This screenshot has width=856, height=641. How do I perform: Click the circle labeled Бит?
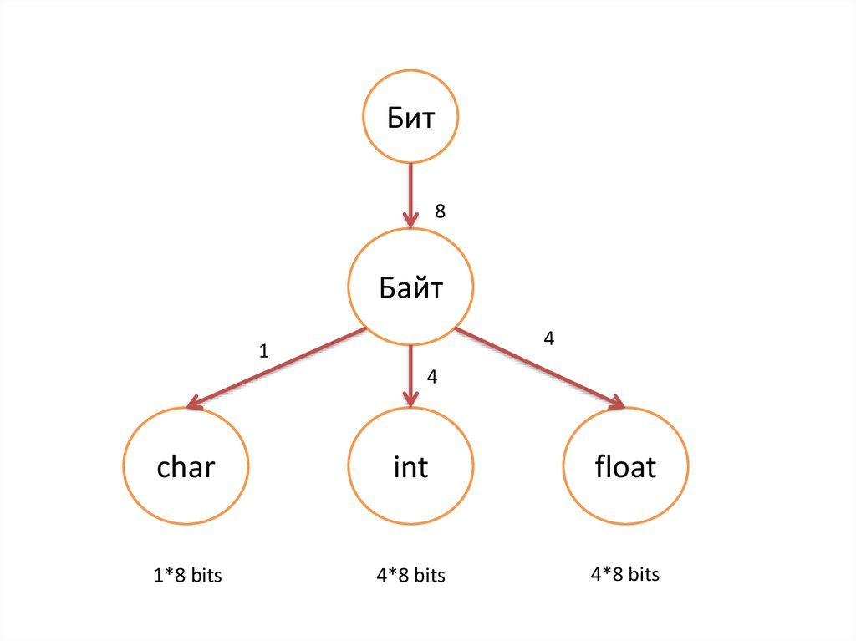coord(410,117)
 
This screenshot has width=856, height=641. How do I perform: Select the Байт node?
coord(410,287)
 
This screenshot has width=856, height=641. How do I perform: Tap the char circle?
coord(186,466)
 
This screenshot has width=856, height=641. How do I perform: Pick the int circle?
coord(410,466)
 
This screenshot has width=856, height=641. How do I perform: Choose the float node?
coord(625,466)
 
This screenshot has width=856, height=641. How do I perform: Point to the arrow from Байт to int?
coord(410,372)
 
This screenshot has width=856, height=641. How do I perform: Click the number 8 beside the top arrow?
coord(440,212)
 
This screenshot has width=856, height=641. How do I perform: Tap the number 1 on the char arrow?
coord(264,352)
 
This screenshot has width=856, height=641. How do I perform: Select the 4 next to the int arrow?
coord(431,377)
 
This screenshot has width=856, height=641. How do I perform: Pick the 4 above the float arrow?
coord(548,338)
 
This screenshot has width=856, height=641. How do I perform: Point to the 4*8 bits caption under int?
coord(410,576)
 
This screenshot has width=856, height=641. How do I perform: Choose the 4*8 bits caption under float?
coord(624,574)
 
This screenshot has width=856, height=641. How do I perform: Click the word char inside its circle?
coord(186,466)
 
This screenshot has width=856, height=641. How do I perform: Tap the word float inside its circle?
coord(625,466)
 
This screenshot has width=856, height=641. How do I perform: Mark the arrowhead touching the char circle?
coord(195,404)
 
